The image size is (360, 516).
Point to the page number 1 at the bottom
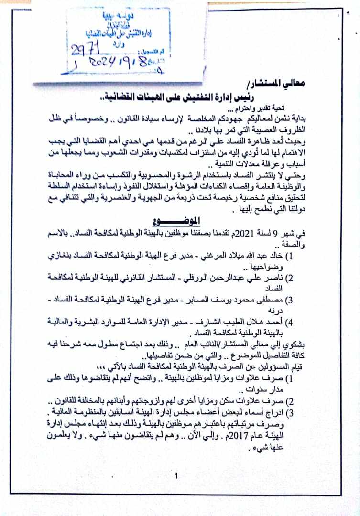[x=177, y=475]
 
